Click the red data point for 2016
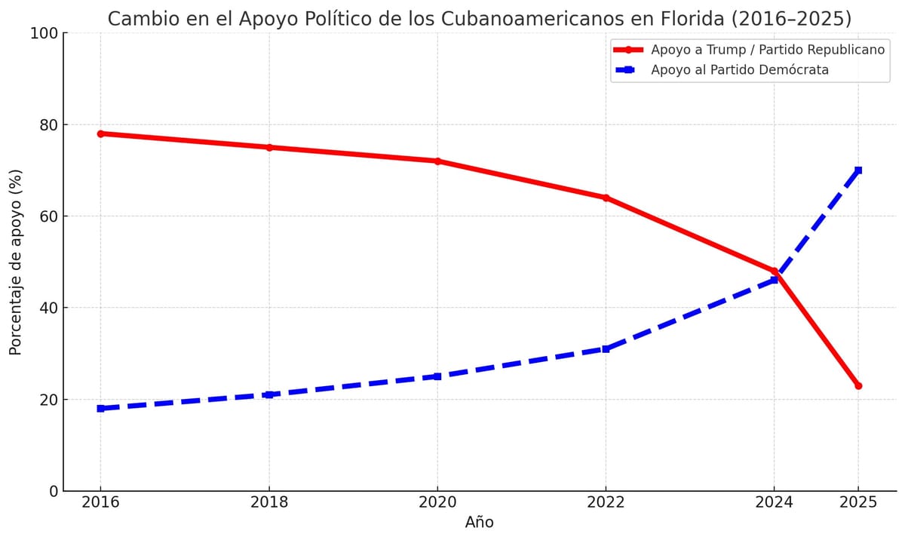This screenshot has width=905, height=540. coord(100,133)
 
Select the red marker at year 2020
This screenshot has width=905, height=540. coord(437,161)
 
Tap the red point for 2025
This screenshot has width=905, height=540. coord(858,385)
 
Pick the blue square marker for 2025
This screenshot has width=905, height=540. coord(858,170)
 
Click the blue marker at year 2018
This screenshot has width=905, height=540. coord(269,394)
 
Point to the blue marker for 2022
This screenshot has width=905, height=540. coord(606,348)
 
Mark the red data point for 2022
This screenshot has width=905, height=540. coord(606,198)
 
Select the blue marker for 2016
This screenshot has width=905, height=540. coord(100,408)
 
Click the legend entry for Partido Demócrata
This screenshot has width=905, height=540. coord(739,70)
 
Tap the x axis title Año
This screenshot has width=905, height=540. coord(479,523)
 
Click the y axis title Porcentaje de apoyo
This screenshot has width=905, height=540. coord(16,262)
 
